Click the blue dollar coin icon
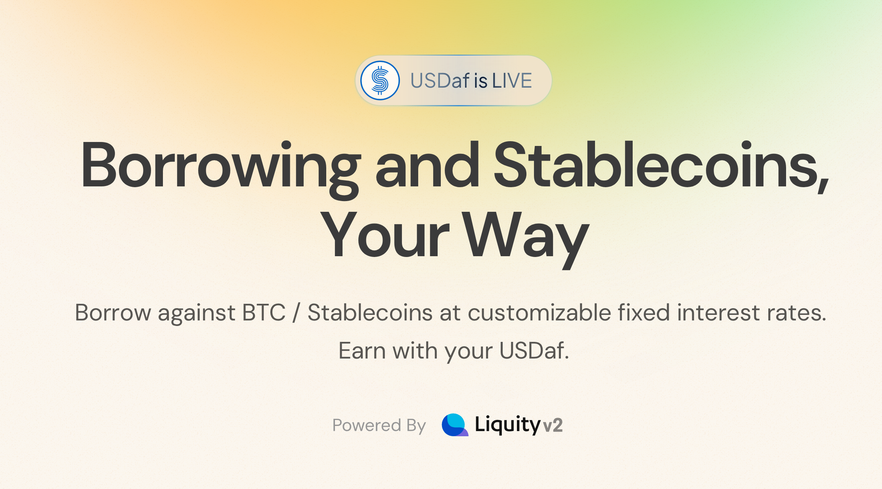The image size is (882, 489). [380, 81]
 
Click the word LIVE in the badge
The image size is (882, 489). [512, 81]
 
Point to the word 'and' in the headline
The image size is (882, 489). [427, 165]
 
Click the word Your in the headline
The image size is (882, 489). [384, 236]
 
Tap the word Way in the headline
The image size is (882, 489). [525, 236]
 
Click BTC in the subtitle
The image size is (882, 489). [264, 313]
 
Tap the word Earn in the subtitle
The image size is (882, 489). [362, 351]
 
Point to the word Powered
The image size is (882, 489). [367, 425]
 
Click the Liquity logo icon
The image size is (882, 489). [455, 425]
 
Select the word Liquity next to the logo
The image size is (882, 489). [507, 425]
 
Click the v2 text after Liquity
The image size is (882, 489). [553, 426]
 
